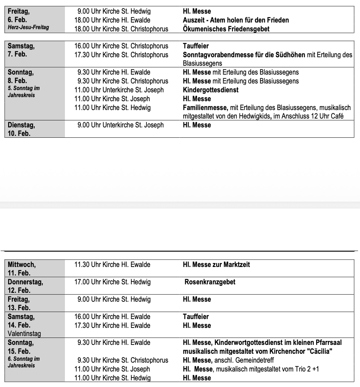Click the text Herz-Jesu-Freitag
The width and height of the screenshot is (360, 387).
[28, 28]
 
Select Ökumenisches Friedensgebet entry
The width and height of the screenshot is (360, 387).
[226, 29]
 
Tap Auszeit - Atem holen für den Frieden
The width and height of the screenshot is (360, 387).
[236, 20]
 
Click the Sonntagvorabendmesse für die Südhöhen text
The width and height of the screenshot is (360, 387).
[244, 55]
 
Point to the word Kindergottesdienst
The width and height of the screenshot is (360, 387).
[211, 90]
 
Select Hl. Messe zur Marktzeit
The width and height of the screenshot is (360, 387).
[219, 264]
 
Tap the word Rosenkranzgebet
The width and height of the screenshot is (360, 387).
[210, 282]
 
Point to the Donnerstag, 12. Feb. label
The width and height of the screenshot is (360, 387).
[25, 286]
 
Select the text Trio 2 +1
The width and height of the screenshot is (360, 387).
[307, 369]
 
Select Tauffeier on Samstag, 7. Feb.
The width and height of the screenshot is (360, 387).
[195, 46]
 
